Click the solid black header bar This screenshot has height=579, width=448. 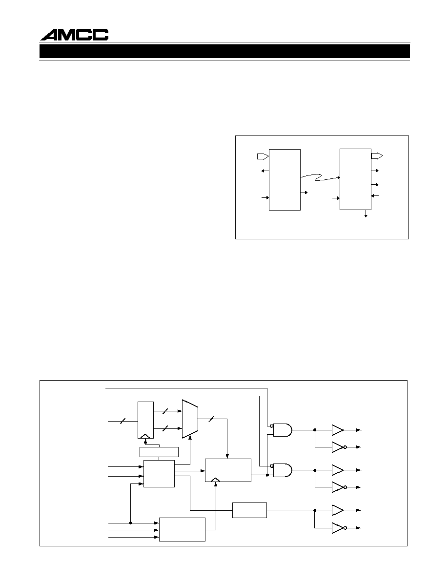coord(225,51)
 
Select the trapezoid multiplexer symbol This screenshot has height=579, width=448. coord(190,419)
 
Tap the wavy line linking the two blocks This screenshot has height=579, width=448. coord(320,177)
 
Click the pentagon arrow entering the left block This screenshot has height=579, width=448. coord(263,156)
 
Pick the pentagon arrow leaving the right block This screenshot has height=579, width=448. coord(377,155)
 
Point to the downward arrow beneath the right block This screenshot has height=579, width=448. coord(366,213)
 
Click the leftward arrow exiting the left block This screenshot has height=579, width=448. coord(265,171)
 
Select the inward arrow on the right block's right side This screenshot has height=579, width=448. coord(375,195)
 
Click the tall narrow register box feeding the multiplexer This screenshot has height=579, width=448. coord(145,420)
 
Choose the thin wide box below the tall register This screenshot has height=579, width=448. coord(159,452)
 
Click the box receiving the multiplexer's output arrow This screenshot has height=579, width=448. coord(228,470)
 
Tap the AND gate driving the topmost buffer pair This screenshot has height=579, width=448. coord(283,430)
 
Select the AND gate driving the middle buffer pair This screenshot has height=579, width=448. coord(283,470)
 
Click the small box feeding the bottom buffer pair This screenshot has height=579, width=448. coord(249,510)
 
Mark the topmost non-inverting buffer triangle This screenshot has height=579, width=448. coord(338,430)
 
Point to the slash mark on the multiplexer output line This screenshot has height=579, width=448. coord(211,419)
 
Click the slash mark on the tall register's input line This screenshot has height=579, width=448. coord(123,421)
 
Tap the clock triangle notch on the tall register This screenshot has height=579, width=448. coord(145,436)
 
